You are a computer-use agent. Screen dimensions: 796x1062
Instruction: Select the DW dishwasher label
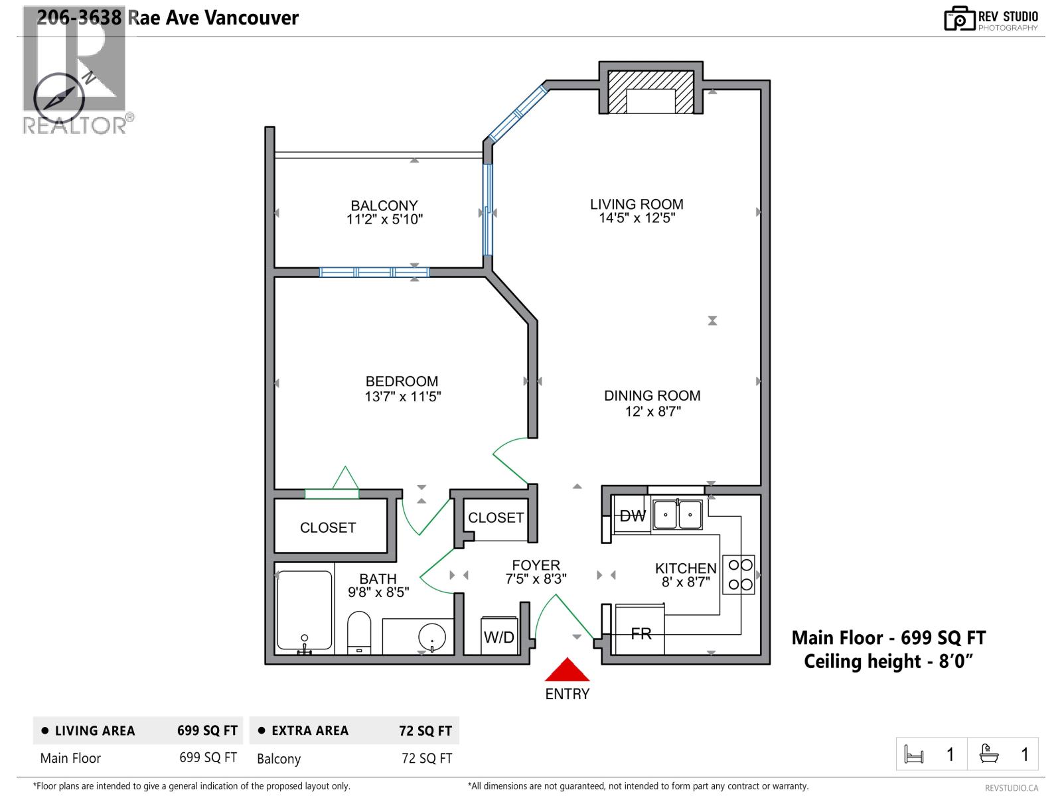click(x=632, y=516)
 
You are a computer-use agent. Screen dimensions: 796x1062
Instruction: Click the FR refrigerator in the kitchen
click(x=641, y=633)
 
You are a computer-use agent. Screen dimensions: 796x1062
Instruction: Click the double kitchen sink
click(x=677, y=515)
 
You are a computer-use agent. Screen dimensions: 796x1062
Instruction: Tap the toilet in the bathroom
click(x=359, y=632)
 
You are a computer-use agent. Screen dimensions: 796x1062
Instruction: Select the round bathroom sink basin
click(x=432, y=637)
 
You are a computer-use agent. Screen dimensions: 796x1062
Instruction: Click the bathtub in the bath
click(x=305, y=611)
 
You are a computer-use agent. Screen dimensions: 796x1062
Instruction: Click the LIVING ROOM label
click(x=637, y=204)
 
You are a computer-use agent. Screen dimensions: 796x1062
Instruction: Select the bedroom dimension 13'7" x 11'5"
click(x=402, y=397)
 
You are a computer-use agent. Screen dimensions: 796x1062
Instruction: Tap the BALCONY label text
click(x=384, y=206)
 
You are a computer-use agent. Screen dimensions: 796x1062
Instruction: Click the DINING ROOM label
click(x=652, y=395)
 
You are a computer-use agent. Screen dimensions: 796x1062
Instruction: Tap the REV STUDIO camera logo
click(x=959, y=19)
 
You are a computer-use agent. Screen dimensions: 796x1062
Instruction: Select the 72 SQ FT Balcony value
click(x=427, y=758)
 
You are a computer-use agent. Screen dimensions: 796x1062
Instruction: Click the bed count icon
click(x=914, y=755)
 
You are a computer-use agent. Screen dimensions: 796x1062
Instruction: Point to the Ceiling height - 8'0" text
click(x=888, y=661)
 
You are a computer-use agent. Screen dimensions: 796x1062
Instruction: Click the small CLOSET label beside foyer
click(x=496, y=517)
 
